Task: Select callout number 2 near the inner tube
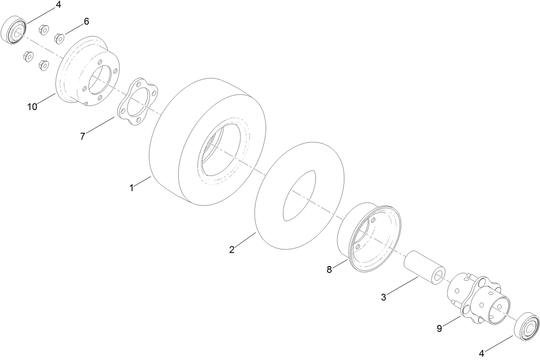[232, 250]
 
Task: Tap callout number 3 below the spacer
[383, 296]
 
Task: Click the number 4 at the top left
[58, 6]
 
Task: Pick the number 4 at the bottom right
[482, 354]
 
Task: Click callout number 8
[329, 269]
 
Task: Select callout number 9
[439, 329]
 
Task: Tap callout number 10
[32, 107]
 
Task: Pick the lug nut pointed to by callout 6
[59, 38]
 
